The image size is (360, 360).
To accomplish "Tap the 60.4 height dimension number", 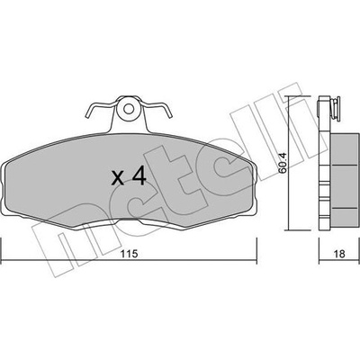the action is (x=283, y=163).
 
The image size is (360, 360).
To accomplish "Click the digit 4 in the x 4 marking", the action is (x=139, y=176).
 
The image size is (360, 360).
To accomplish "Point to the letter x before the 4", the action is (x=117, y=178).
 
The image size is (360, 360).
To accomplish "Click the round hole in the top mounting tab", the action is (x=129, y=109).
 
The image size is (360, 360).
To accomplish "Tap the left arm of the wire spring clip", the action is (x=101, y=109).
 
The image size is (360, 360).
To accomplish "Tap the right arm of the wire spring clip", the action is (x=156, y=109).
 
